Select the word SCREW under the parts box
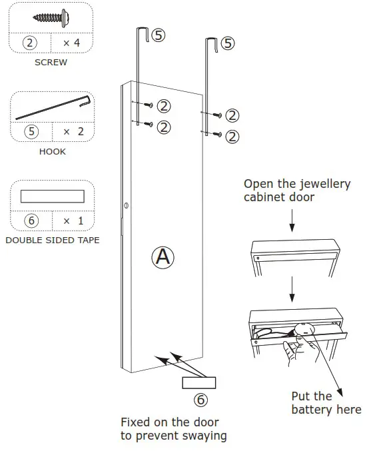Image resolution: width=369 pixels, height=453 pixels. pos(51,63)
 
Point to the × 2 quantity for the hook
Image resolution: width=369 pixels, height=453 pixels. pos(73,131)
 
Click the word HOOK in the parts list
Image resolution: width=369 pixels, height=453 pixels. pos(51,152)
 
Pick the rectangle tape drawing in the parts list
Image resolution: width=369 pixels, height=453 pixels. pos(52,196)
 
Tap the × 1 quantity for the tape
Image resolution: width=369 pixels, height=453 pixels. pos(73,220)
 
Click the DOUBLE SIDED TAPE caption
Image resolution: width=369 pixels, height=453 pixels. pos(52,240)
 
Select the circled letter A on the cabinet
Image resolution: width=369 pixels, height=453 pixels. pos(163,258)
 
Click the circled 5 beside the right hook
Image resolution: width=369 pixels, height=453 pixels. pos(227,44)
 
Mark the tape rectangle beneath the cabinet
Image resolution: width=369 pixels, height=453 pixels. pos(198,382)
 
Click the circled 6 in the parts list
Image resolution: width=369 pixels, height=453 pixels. pos(30,220)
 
